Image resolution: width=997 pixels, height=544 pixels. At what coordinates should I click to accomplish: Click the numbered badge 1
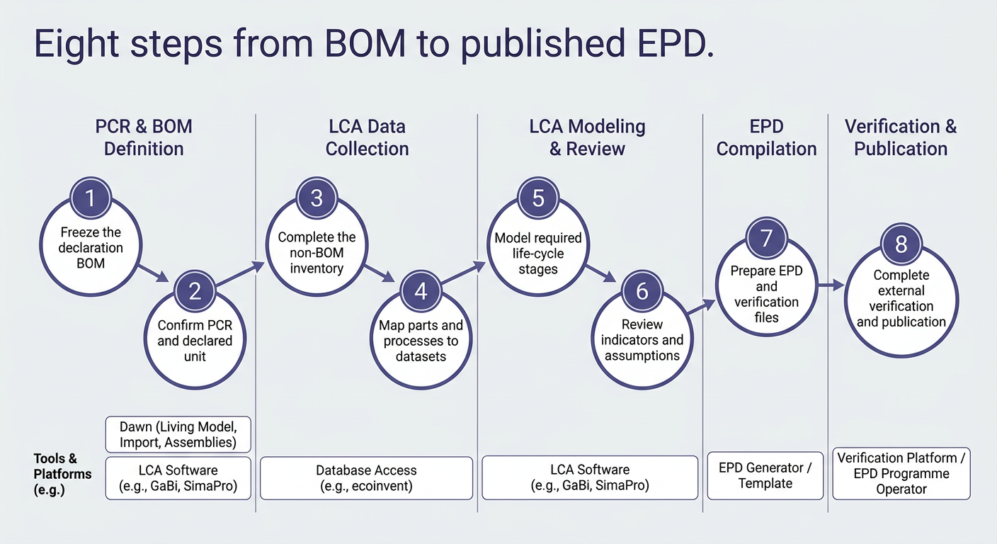pyautogui.click(x=91, y=198)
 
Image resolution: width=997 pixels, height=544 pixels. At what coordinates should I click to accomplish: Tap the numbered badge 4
pyautogui.click(x=421, y=292)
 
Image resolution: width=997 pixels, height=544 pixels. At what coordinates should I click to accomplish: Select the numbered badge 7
pyautogui.click(x=766, y=238)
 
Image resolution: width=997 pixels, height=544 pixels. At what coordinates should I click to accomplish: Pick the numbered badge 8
pyautogui.click(x=901, y=244)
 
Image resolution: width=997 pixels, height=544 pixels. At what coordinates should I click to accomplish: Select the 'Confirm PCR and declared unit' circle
pyautogui.click(x=195, y=351)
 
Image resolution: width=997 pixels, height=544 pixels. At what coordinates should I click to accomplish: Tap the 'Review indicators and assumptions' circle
pyautogui.click(x=642, y=351)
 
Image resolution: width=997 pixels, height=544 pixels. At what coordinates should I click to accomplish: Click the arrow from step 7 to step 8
pyautogui.click(x=831, y=285)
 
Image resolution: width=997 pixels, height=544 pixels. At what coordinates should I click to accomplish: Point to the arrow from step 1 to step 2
pyautogui.click(x=153, y=273)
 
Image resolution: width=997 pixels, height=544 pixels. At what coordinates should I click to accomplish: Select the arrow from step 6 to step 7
pyautogui.click(x=702, y=307)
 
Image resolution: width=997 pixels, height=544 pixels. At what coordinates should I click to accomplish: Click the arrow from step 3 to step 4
pyautogui.click(x=380, y=273)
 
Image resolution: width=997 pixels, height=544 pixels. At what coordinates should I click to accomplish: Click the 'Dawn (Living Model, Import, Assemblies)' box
pyautogui.click(x=178, y=434)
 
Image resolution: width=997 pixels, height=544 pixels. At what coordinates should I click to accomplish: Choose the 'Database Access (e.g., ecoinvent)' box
pyautogui.click(x=366, y=478)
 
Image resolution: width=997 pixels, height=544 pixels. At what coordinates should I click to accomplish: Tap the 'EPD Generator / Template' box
pyautogui.click(x=765, y=476)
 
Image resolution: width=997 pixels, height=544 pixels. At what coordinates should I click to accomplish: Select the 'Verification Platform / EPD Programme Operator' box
pyautogui.click(x=901, y=474)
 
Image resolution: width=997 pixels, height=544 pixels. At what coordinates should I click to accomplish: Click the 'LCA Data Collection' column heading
pyautogui.click(x=368, y=137)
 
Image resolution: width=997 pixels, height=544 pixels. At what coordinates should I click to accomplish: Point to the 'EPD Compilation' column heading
pyautogui.click(x=766, y=137)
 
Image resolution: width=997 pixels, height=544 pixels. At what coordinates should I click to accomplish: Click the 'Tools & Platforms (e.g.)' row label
pyautogui.click(x=62, y=474)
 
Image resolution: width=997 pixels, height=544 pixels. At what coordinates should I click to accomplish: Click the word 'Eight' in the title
pyautogui.click(x=76, y=45)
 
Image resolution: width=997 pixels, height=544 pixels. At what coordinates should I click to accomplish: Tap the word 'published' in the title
pyautogui.click(x=542, y=45)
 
